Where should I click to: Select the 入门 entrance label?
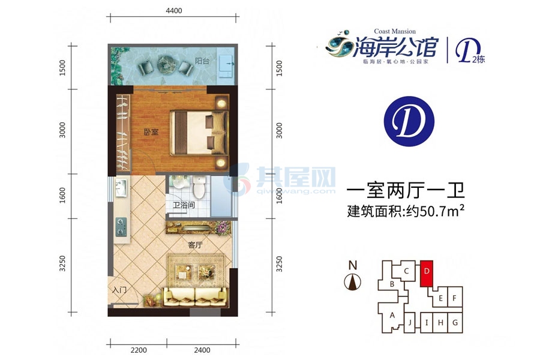120,290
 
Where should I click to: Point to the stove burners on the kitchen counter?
120,226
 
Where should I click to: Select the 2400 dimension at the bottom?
202,350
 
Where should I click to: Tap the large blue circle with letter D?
403,122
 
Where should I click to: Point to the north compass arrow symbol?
354,280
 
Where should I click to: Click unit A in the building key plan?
392,315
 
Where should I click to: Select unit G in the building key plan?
455,323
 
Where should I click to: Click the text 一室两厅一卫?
406,191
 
